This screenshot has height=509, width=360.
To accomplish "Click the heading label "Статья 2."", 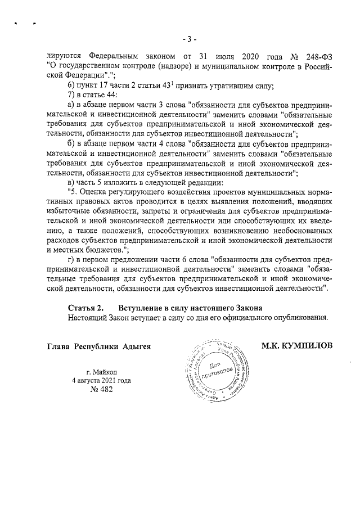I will click(x=85, y=308).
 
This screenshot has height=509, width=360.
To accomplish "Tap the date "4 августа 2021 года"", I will click(x=101, y=381).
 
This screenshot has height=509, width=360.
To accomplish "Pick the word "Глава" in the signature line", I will click(x=58, y=345).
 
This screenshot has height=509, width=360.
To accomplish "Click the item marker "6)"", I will click(x=71, y=86).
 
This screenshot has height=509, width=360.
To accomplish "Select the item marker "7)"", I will click(x=71, y=96).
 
